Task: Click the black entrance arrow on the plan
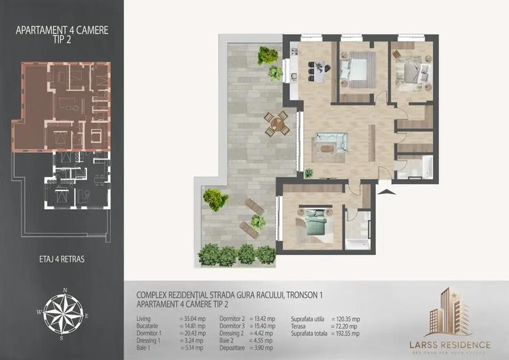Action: coord(383,189)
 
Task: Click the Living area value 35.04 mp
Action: coord(192,318)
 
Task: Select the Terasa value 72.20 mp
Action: coord(345,326)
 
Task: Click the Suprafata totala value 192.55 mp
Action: coord(347,333)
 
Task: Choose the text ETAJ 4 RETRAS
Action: coord(61,259)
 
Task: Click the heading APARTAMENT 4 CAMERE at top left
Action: coord(61,29)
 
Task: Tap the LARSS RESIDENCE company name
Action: coord(449,345)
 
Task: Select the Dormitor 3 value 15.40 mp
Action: coord(262,326)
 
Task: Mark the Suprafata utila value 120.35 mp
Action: coord(347,318)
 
